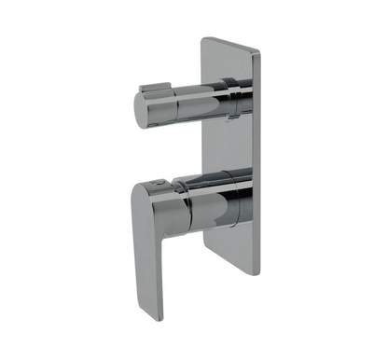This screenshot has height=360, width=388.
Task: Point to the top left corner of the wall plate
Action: click(202, 36)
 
